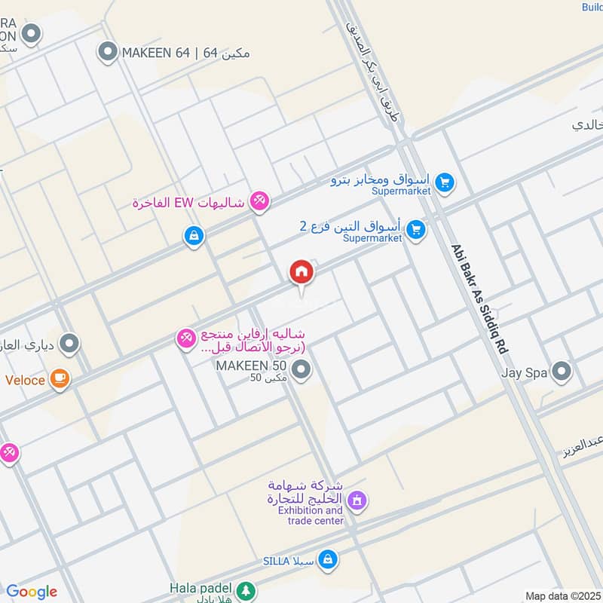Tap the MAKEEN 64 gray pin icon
[x=108, y=53]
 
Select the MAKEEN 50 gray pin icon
[x=301, y=370]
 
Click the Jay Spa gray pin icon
[x=562, y=372]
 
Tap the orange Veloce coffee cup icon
[x=60, y=379]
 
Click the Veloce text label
[x=26, y=380]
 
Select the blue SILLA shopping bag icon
[x=327, y=559]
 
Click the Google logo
[x=32, y=592]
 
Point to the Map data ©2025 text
[x=563, y=595]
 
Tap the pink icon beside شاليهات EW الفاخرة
[x=259, y=200]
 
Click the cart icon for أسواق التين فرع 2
[x=415, y=230]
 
